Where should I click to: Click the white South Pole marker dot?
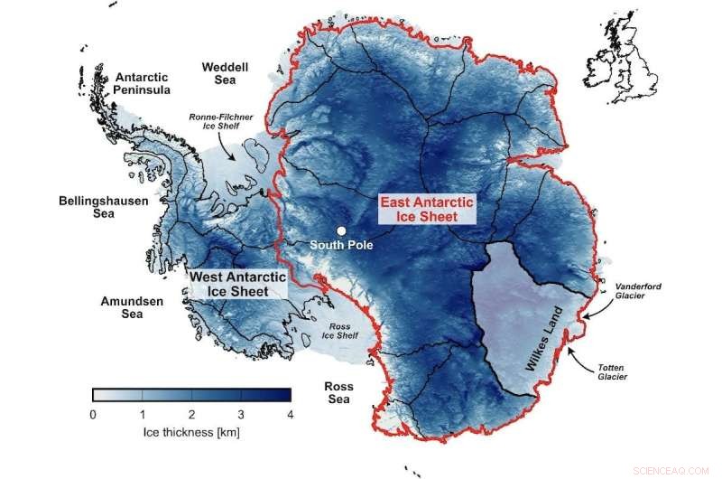pyautogui.click(x=341, y=230)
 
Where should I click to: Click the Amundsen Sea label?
pyautogui.click(x=133, y=307)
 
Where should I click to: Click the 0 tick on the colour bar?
pyautogui.click(x=93, y=414)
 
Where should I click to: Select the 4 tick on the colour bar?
pyautogui.click(x=291, y=414)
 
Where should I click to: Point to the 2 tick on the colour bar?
pyautogui.click(x=192, y=414)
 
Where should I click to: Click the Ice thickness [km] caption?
pyautogui.click(x=191, y=432)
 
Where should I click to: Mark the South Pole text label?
pyautogui.click(x=340, y=245)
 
